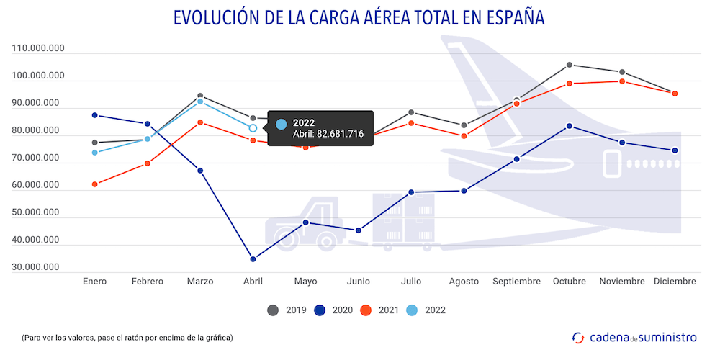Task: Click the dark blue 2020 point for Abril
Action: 253,259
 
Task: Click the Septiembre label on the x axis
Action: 516,282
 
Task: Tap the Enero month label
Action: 94,282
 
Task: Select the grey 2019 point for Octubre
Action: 569,65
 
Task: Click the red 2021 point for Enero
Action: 94,184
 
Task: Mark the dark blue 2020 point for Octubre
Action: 569,126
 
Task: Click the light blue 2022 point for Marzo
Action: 200,102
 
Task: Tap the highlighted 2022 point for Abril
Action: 253,128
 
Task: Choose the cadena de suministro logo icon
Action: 577,336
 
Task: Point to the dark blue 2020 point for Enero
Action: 94,115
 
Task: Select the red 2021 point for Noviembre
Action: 621,81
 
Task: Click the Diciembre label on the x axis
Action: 674,282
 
